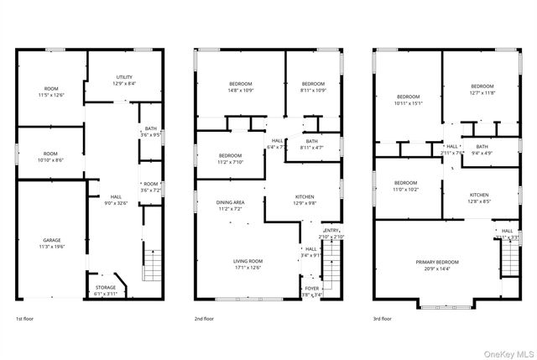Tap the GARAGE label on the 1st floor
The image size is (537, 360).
click(x=52, y=241)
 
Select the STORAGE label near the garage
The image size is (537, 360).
click(x=106, y=287)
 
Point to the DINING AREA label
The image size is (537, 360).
click(x=231, y=202)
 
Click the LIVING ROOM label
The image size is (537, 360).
click(x=248, y=261)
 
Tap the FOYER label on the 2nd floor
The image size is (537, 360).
click(x=311, y=288)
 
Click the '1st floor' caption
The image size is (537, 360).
click(x=26, y=319)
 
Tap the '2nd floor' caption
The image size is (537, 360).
click(x=204, y=319)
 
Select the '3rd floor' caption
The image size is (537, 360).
click(x=383, y=319)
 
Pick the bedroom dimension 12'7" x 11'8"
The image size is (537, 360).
click(x=482, y=92)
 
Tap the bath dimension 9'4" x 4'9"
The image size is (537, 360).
click(x=482, y=153)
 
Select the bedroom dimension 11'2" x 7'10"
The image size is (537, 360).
click(x=231, y=162)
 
